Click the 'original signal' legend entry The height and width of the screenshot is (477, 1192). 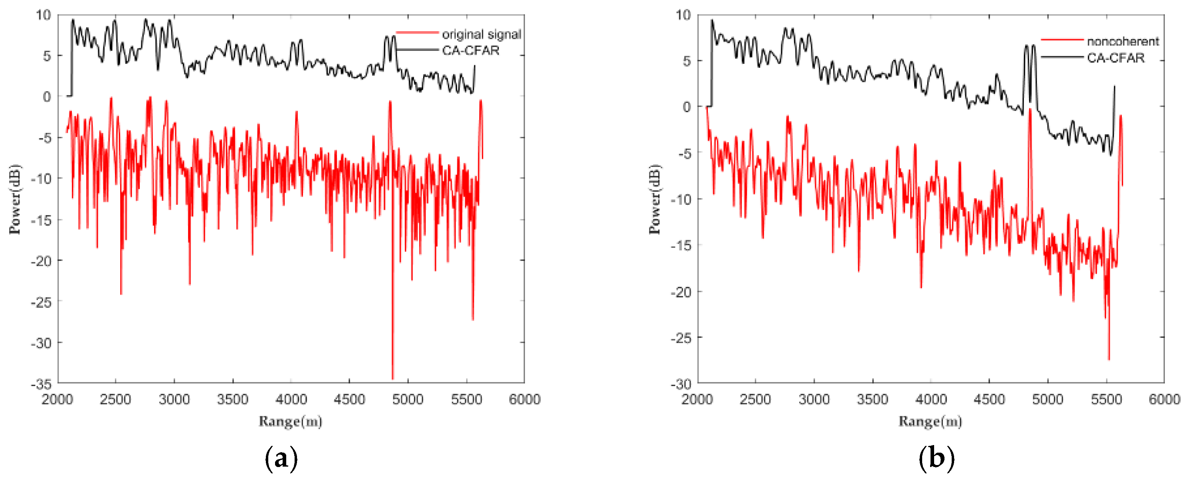point(481,34)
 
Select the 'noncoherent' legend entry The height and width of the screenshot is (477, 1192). point(1123,42)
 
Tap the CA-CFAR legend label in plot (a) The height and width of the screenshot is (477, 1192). point(471,50)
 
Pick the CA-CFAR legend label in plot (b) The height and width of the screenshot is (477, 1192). point(1116,58)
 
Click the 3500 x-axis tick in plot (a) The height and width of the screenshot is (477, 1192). point(232,399)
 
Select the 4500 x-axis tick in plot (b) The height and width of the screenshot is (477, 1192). point(989,399)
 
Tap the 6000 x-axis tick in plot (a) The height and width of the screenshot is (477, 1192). point(524,399)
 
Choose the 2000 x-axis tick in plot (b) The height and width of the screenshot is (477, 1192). point(697,399)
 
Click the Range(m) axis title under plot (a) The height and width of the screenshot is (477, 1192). point(290,422)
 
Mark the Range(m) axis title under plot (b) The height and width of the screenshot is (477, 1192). point(930,422)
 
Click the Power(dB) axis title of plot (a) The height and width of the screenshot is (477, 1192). point(15,199)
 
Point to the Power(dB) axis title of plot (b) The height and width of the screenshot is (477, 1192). point(655,199)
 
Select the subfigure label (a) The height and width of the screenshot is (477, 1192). point(281,459)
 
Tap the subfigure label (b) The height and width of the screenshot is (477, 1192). point(936,459)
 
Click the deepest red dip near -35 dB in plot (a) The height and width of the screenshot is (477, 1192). point(392,378)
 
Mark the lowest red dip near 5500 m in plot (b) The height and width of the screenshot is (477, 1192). point(1109,359)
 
